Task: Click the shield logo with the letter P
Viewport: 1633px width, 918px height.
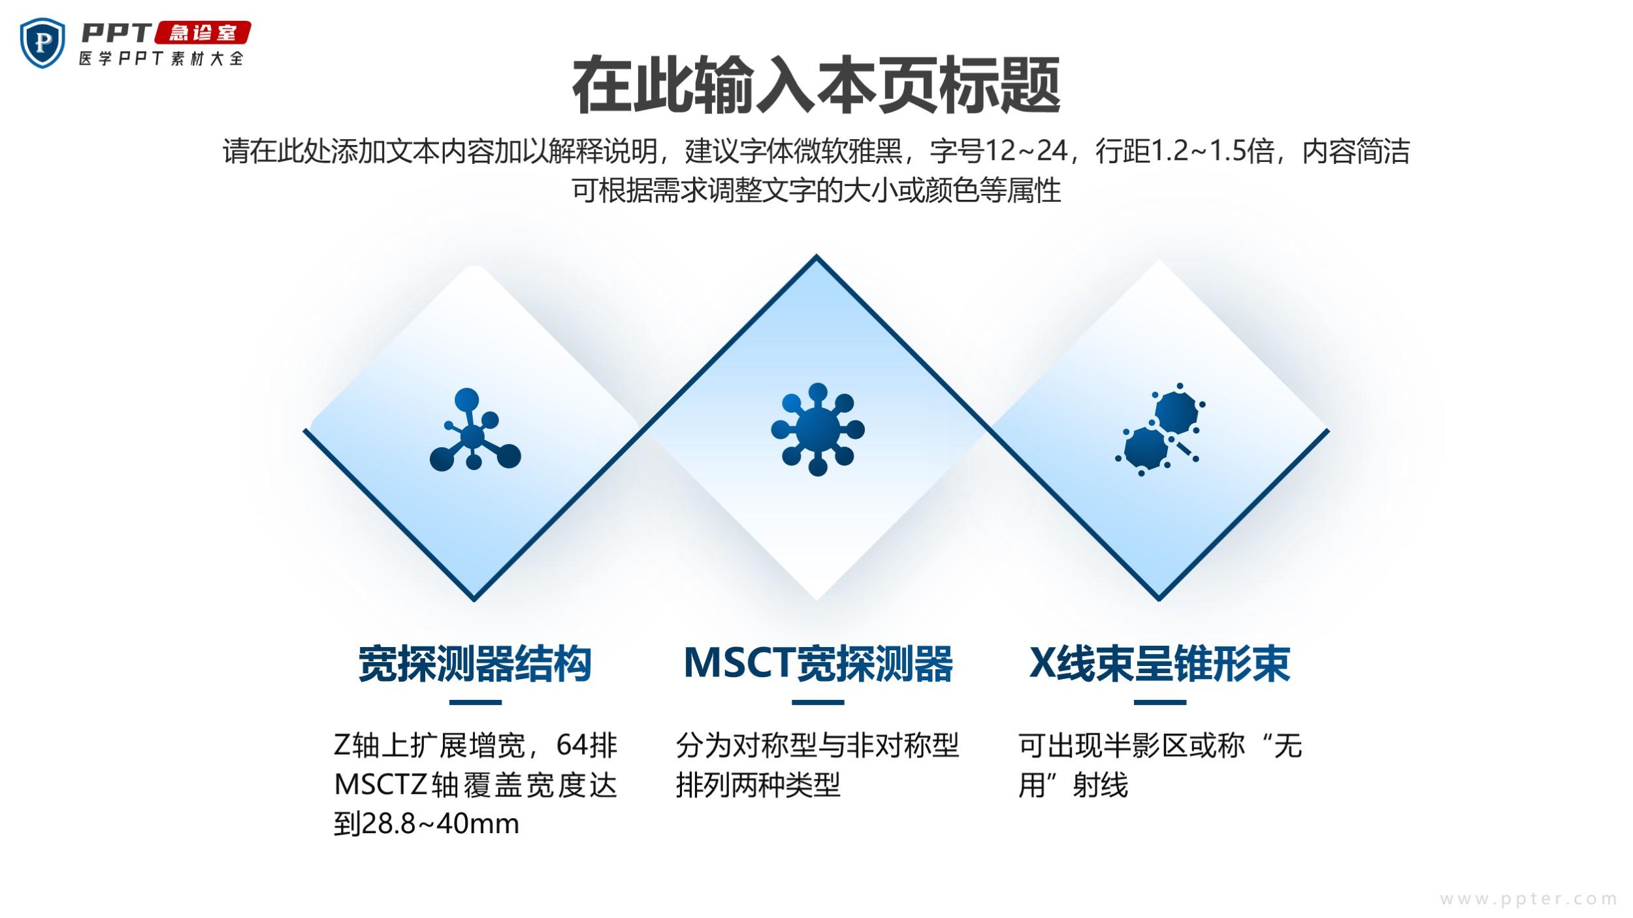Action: [x=43, y=43]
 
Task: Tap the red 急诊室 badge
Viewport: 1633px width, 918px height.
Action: [x=202, y=33]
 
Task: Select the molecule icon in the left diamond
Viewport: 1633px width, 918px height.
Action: [x=475, y=430]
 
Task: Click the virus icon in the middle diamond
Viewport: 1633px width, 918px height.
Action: [x=817, y=430]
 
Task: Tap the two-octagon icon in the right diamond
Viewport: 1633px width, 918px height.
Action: [x=1160, y=430]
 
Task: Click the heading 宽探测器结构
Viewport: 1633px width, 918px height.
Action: [x=475, y=663]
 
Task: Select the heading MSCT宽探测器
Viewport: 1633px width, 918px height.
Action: [x=818, y=663]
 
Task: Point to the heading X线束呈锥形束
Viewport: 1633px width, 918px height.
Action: [x=1159, y=663]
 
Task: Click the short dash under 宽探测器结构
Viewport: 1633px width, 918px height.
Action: [x=475, y=703]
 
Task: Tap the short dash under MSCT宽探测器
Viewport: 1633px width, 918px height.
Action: [x=818, y=703]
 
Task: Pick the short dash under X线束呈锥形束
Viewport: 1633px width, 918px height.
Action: [x=1160, y=703]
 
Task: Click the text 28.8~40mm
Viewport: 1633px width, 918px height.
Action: [x=440, y=824]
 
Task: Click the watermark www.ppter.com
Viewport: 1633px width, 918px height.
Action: [x=1529, y=899]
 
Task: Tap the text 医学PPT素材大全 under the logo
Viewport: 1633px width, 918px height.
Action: [x=161, y=58]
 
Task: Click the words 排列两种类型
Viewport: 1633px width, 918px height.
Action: [x=758, y=785]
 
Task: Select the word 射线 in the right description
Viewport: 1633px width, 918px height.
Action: [x=1100, y=785]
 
